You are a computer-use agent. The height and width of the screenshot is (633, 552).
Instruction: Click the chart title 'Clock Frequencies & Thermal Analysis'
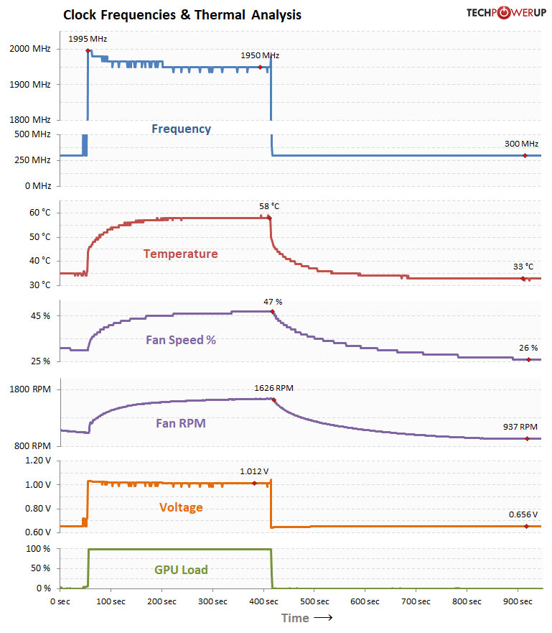click(x=182, y=14)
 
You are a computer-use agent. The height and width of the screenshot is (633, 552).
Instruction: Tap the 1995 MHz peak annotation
click(x=88, y=39)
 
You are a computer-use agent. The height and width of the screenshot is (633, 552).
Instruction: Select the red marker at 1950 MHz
click(x=260, y=68)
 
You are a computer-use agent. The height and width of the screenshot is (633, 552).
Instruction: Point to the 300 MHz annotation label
click(x=521, y=144)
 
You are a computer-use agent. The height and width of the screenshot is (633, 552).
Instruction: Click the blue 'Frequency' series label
click(x=181, y=129)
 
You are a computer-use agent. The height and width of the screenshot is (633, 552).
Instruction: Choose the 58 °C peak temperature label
click(x=269, y=206)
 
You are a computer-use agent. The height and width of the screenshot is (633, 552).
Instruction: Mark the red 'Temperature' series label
click(x=180, y=254)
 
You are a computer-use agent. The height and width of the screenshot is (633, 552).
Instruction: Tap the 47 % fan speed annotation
click(x=273, y=302)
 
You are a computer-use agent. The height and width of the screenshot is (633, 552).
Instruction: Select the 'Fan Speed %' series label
click(x=182, y=340)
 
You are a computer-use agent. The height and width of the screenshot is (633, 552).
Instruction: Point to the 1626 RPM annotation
click(x=273, y=388)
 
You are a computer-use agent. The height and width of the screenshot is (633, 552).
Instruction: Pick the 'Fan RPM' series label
click(x=181, y=423)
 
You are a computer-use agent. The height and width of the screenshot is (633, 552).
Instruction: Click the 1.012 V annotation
click(x=254, y=472)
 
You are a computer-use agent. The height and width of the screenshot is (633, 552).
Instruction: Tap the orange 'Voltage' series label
click(x=181, y=507)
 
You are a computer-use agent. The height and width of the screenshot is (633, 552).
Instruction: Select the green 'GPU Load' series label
click(x=181, y=570)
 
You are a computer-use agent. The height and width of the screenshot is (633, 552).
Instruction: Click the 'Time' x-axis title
click(x=295, y=618)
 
